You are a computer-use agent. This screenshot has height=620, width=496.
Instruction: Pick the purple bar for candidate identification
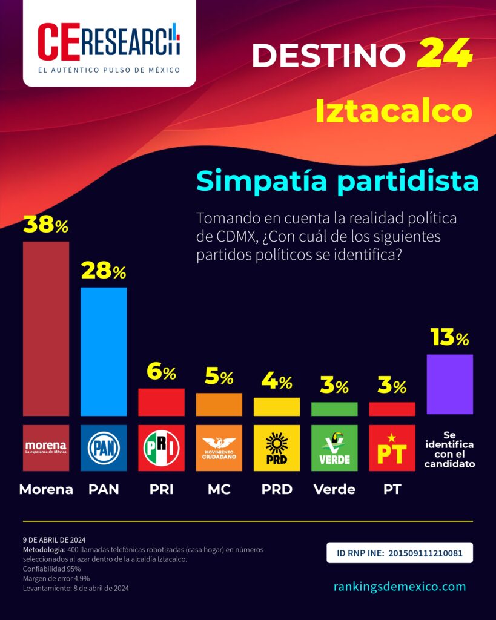449,384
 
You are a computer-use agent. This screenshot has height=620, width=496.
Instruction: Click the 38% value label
46,226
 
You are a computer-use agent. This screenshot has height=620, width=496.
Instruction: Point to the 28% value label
104,272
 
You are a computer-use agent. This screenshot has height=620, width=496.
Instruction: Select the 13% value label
449,338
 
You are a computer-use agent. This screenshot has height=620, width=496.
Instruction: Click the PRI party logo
161,448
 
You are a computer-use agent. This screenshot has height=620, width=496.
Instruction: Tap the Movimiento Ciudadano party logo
219,448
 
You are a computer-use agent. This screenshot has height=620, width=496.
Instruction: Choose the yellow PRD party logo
276,448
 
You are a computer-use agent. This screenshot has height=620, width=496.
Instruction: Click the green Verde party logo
334,448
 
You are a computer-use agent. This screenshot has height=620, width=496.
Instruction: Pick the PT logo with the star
392,448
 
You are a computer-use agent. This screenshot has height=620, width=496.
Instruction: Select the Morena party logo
46,448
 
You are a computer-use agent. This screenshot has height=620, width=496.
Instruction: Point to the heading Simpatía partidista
338,181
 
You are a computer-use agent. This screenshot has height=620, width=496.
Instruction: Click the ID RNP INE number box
400,553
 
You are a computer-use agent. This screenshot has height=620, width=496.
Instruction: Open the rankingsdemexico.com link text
400,586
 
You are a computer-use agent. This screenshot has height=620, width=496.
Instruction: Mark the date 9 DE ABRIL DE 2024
55,539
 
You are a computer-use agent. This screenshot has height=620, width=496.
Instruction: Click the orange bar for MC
219,404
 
